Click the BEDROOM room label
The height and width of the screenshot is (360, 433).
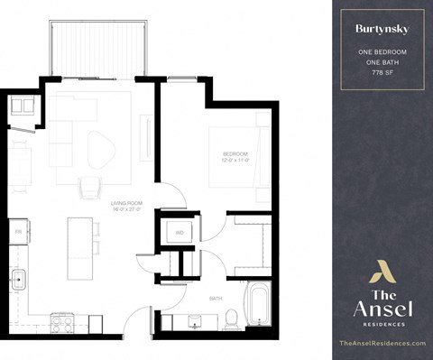pos(235,154)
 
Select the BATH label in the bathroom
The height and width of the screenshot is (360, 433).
pos(215,298)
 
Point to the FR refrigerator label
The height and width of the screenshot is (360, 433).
pos(18,232)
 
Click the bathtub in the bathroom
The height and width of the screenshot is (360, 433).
pos(257,304)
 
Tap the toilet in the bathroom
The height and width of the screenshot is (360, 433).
pos(230,318)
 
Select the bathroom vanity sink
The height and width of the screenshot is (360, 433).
pos(194,320)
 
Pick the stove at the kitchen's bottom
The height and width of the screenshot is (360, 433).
pos(62,320)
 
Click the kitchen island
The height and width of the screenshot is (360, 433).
pos(81,249)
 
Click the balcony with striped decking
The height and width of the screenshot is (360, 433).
pos(99,50)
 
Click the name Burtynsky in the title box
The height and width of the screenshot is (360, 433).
pos(382,29)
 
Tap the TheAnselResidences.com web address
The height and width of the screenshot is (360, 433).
pos(382,344)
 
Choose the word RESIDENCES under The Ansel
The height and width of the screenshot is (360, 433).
pos(382,322)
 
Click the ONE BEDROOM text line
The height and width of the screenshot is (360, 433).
pos(382,52)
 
